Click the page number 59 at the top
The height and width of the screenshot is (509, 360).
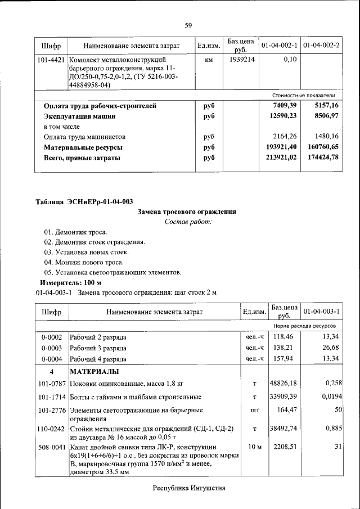point(188,25)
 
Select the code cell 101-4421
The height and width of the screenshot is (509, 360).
point(51,59)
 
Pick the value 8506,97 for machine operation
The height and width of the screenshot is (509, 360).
point(323,116)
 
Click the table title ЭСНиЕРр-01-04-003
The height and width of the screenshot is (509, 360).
point(84,202)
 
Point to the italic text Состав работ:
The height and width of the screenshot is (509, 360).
point(188,222)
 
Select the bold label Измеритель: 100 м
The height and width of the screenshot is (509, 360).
point(70,282)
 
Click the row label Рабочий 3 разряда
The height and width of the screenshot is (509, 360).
point(98,348)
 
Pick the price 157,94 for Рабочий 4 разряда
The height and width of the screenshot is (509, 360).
point(284,359)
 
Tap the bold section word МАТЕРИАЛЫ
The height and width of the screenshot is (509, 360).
point(94,372)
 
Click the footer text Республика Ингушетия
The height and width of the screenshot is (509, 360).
point(189,488)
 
